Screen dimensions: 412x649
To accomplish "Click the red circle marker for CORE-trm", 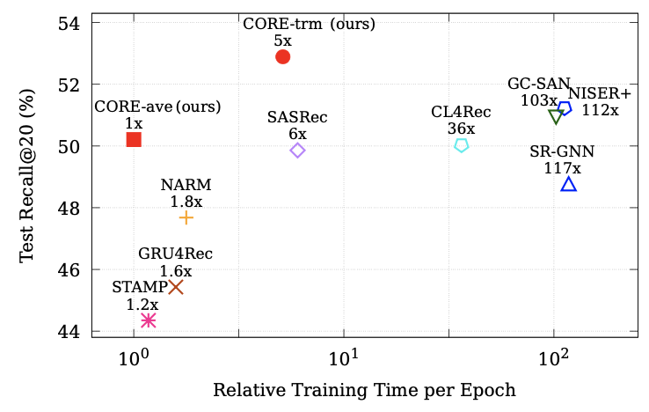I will (x=282, y=56).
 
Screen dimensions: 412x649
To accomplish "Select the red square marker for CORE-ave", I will (x=134, y=139).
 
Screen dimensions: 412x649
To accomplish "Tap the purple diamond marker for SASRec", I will (x=297, y=151).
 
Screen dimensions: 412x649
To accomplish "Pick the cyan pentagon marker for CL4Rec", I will (x=461, y=145).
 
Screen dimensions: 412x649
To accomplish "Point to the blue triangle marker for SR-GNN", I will (x=569, y=184).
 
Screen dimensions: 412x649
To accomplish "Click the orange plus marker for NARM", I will (x=186, y=217).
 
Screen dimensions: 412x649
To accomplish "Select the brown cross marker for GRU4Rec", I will (x=176, y=287).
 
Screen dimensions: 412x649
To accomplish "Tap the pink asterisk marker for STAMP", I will (x=148, y=320).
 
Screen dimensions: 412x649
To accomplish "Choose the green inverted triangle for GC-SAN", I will (x=555, y=117).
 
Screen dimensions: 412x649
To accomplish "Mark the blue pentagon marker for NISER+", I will (x=565, y=108).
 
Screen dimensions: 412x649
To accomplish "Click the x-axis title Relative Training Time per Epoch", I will (x=364, y=390).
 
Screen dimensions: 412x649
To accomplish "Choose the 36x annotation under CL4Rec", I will (x=461, y=129).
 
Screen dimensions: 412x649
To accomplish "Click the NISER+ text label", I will (x=600, y=94).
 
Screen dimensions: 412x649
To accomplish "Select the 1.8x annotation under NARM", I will (x=186, y=201).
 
